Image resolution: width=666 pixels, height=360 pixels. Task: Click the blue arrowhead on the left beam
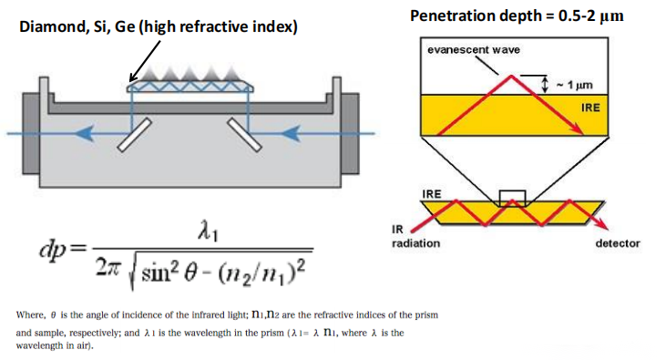tap(81, 134)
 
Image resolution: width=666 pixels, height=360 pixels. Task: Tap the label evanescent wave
tap(474, 50)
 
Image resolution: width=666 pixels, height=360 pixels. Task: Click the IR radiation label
tap(415, 237)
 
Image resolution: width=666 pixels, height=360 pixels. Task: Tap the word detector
tap(618, 243)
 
